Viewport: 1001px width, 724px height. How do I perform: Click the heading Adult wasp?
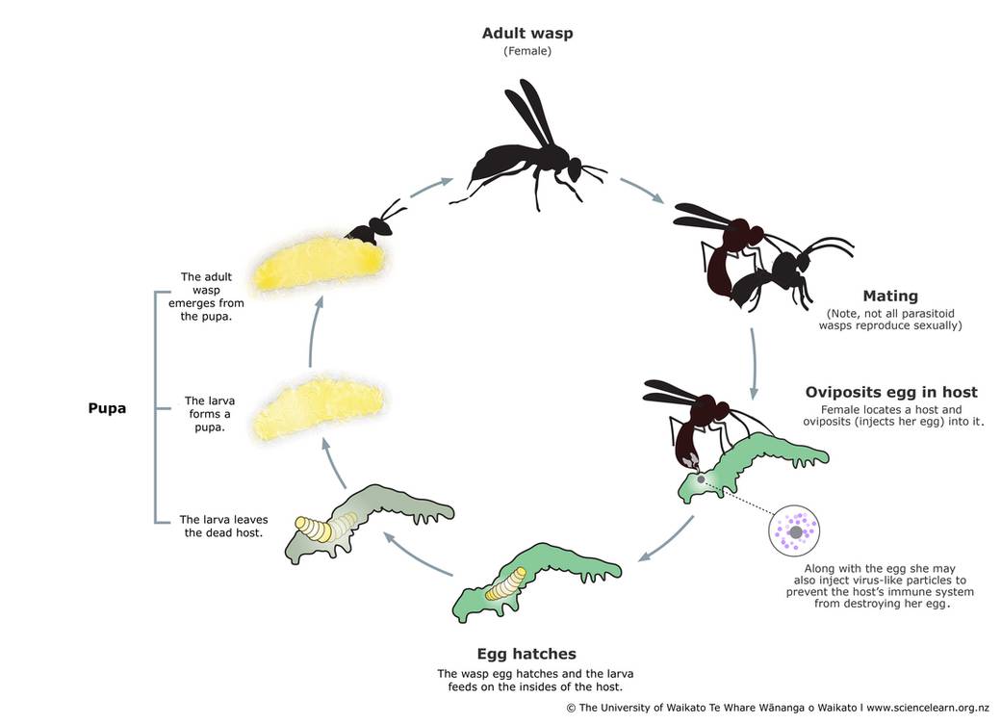click(527, 34)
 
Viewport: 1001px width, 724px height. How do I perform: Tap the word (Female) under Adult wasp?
click(527, 51)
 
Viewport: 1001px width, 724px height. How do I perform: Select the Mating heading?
click(890, 297)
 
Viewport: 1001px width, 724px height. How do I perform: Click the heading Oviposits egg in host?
click(891, 392)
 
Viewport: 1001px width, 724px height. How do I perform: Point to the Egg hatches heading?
click(526, 654)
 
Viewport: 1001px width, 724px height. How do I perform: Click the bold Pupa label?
click(107, 408)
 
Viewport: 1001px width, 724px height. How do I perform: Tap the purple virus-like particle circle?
click(794, 530)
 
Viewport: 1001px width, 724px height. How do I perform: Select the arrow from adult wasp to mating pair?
click(642, 191)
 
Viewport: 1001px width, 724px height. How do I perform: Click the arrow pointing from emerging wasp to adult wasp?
click(431, 188)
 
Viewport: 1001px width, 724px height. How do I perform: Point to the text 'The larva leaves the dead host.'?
click(223, 526)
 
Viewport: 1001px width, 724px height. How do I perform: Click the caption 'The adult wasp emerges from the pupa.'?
click(206, 297)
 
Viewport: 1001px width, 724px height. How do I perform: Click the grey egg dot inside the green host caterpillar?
click(701, 479)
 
